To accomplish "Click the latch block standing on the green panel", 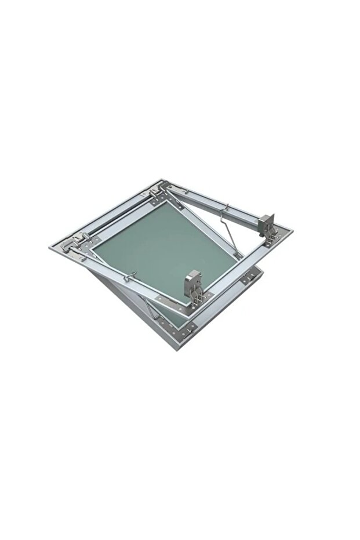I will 194,281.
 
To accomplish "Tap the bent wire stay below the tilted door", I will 152,311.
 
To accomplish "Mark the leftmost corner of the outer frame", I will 50,247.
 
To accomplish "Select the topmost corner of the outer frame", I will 163,180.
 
